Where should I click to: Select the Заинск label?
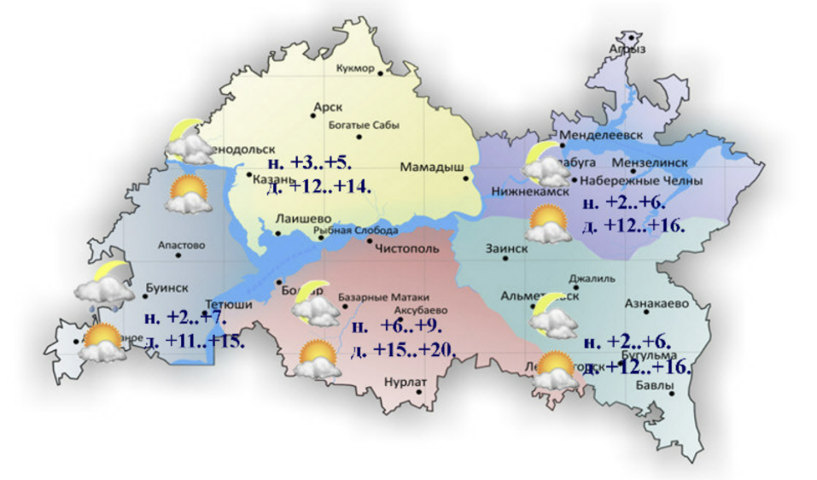[506, 249]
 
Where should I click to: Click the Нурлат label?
[404, 383]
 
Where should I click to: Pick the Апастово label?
[182, 245]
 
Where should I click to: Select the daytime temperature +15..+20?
[404, 350]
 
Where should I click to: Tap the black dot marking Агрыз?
[633, 38]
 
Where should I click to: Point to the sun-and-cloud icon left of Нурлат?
[316, 360]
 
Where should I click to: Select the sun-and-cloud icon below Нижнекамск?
[549, 225]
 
